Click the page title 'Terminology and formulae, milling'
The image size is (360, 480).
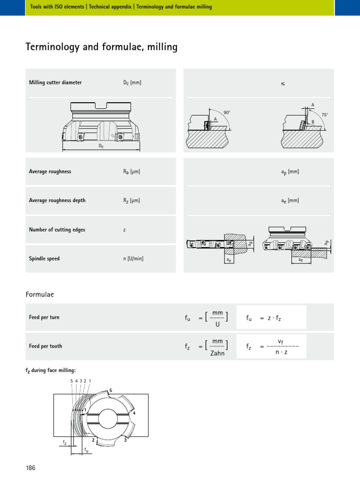click(101, 47)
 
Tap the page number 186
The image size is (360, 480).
click(30, 468)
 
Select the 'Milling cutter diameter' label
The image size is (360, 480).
click(55, 82)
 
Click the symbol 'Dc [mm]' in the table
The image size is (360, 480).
click(132, 83)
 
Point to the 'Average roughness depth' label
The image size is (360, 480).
click(57, 201)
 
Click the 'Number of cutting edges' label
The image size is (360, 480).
click(57, 230)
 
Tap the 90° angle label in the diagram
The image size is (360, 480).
click(227, 112)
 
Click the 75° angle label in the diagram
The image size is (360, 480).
click(324, 114)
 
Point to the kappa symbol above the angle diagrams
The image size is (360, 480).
click(283, 83)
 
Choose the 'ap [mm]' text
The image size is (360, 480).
click(290, 172)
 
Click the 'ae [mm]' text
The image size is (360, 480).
click(290, 201)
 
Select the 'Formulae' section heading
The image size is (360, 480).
click(40, 294)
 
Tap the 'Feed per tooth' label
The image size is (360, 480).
click(45, 346)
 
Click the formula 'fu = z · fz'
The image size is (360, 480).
click(263, 318)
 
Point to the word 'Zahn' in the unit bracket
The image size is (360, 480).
click(217, 353)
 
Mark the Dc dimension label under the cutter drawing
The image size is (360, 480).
click(101, 146)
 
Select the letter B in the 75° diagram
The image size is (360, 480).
click(313, 122)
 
